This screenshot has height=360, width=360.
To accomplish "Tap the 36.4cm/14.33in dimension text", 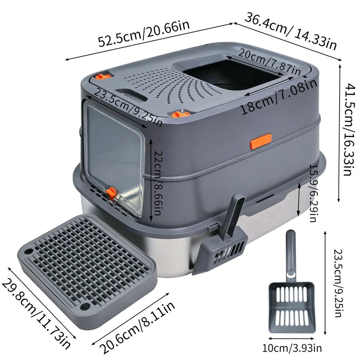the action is pyautogui.click(x=291, y=32).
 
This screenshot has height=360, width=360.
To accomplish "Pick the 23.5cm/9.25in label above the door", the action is pyautogui.click(x=128, y=107).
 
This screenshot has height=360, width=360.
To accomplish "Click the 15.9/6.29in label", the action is pyautogui.click(x=314, y=193).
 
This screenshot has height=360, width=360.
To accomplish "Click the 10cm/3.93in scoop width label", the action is pyautogui.click(x=292, y=348).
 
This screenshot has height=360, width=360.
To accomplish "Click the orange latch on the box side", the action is pyautogui.click(x=261, y=141).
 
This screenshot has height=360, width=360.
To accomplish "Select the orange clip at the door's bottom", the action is pyautogui.click(x=111, y=193).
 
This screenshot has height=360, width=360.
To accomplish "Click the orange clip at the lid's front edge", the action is pyautogui.click(x=181, y=114).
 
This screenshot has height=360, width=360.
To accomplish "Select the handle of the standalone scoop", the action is pyautogui.click(x=291, y=255).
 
